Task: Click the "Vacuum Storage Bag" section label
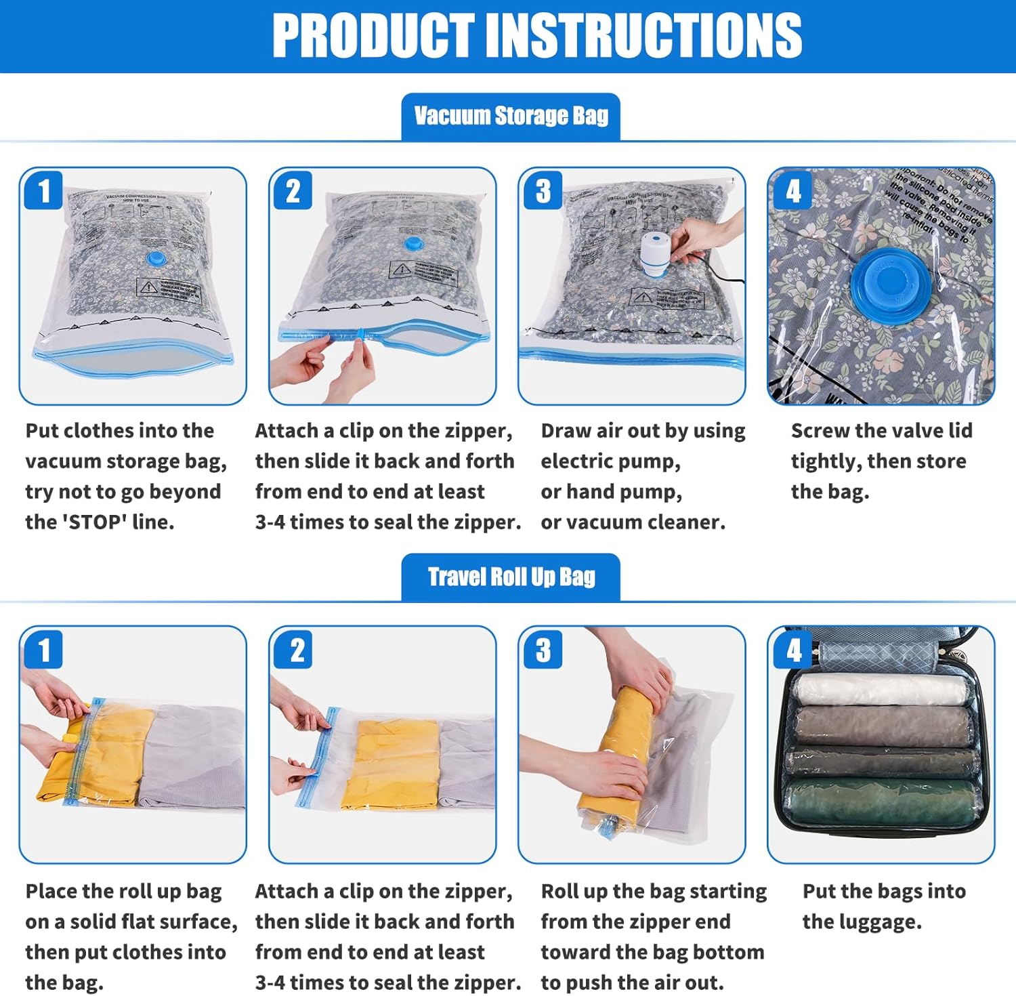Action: coord(511,117)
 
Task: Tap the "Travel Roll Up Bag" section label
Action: coord(511,577)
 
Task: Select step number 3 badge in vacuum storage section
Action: coord(543,191)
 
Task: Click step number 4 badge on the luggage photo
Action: coord(793,650)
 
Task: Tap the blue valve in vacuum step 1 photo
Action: coord(156,259)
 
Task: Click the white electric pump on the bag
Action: coord(656,254)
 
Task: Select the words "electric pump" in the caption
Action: coord(610,461)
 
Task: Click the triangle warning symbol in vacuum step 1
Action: coord(148,287)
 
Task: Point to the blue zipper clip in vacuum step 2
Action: coord(361,333)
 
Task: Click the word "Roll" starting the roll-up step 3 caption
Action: coord(559,892)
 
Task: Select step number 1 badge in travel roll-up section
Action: coord(44,650)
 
